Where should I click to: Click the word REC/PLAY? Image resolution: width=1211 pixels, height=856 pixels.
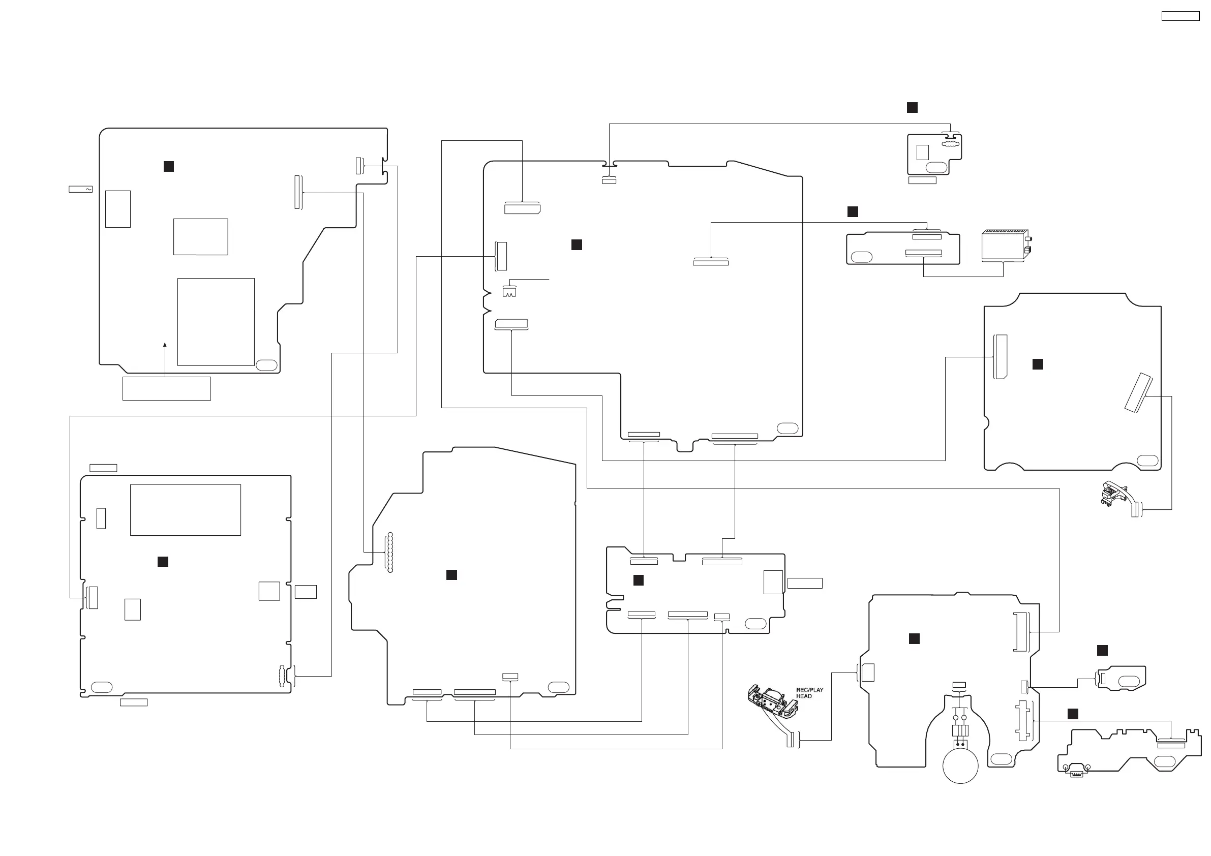(809, 690)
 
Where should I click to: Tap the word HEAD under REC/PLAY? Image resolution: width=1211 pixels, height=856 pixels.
(804, 696)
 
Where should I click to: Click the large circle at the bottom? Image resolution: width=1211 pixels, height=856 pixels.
(960, 766)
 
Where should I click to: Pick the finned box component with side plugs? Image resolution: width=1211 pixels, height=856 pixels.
(1005, 245)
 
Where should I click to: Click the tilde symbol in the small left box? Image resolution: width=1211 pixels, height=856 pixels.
(88, 189)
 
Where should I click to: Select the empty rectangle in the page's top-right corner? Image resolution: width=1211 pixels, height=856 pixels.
(1180, 16)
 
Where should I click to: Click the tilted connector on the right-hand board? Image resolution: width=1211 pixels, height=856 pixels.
(1138, 392)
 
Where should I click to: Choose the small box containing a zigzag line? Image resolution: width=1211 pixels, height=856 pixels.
(509, 292)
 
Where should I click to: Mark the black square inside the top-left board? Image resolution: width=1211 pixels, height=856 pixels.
(169, 167)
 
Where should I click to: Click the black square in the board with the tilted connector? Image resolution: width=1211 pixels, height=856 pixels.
(1038, 364)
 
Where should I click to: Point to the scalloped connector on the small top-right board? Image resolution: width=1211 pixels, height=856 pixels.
(950, 143)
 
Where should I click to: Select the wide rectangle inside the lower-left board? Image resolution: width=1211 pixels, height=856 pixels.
(185, 510)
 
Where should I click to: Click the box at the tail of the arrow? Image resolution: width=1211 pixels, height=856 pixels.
(167, 389)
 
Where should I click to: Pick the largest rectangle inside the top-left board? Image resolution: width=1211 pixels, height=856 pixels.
(216, 322)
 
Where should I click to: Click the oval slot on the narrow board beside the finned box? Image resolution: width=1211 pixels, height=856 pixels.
(862, 257)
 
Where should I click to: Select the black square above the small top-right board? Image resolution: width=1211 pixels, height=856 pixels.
(912, 108)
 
